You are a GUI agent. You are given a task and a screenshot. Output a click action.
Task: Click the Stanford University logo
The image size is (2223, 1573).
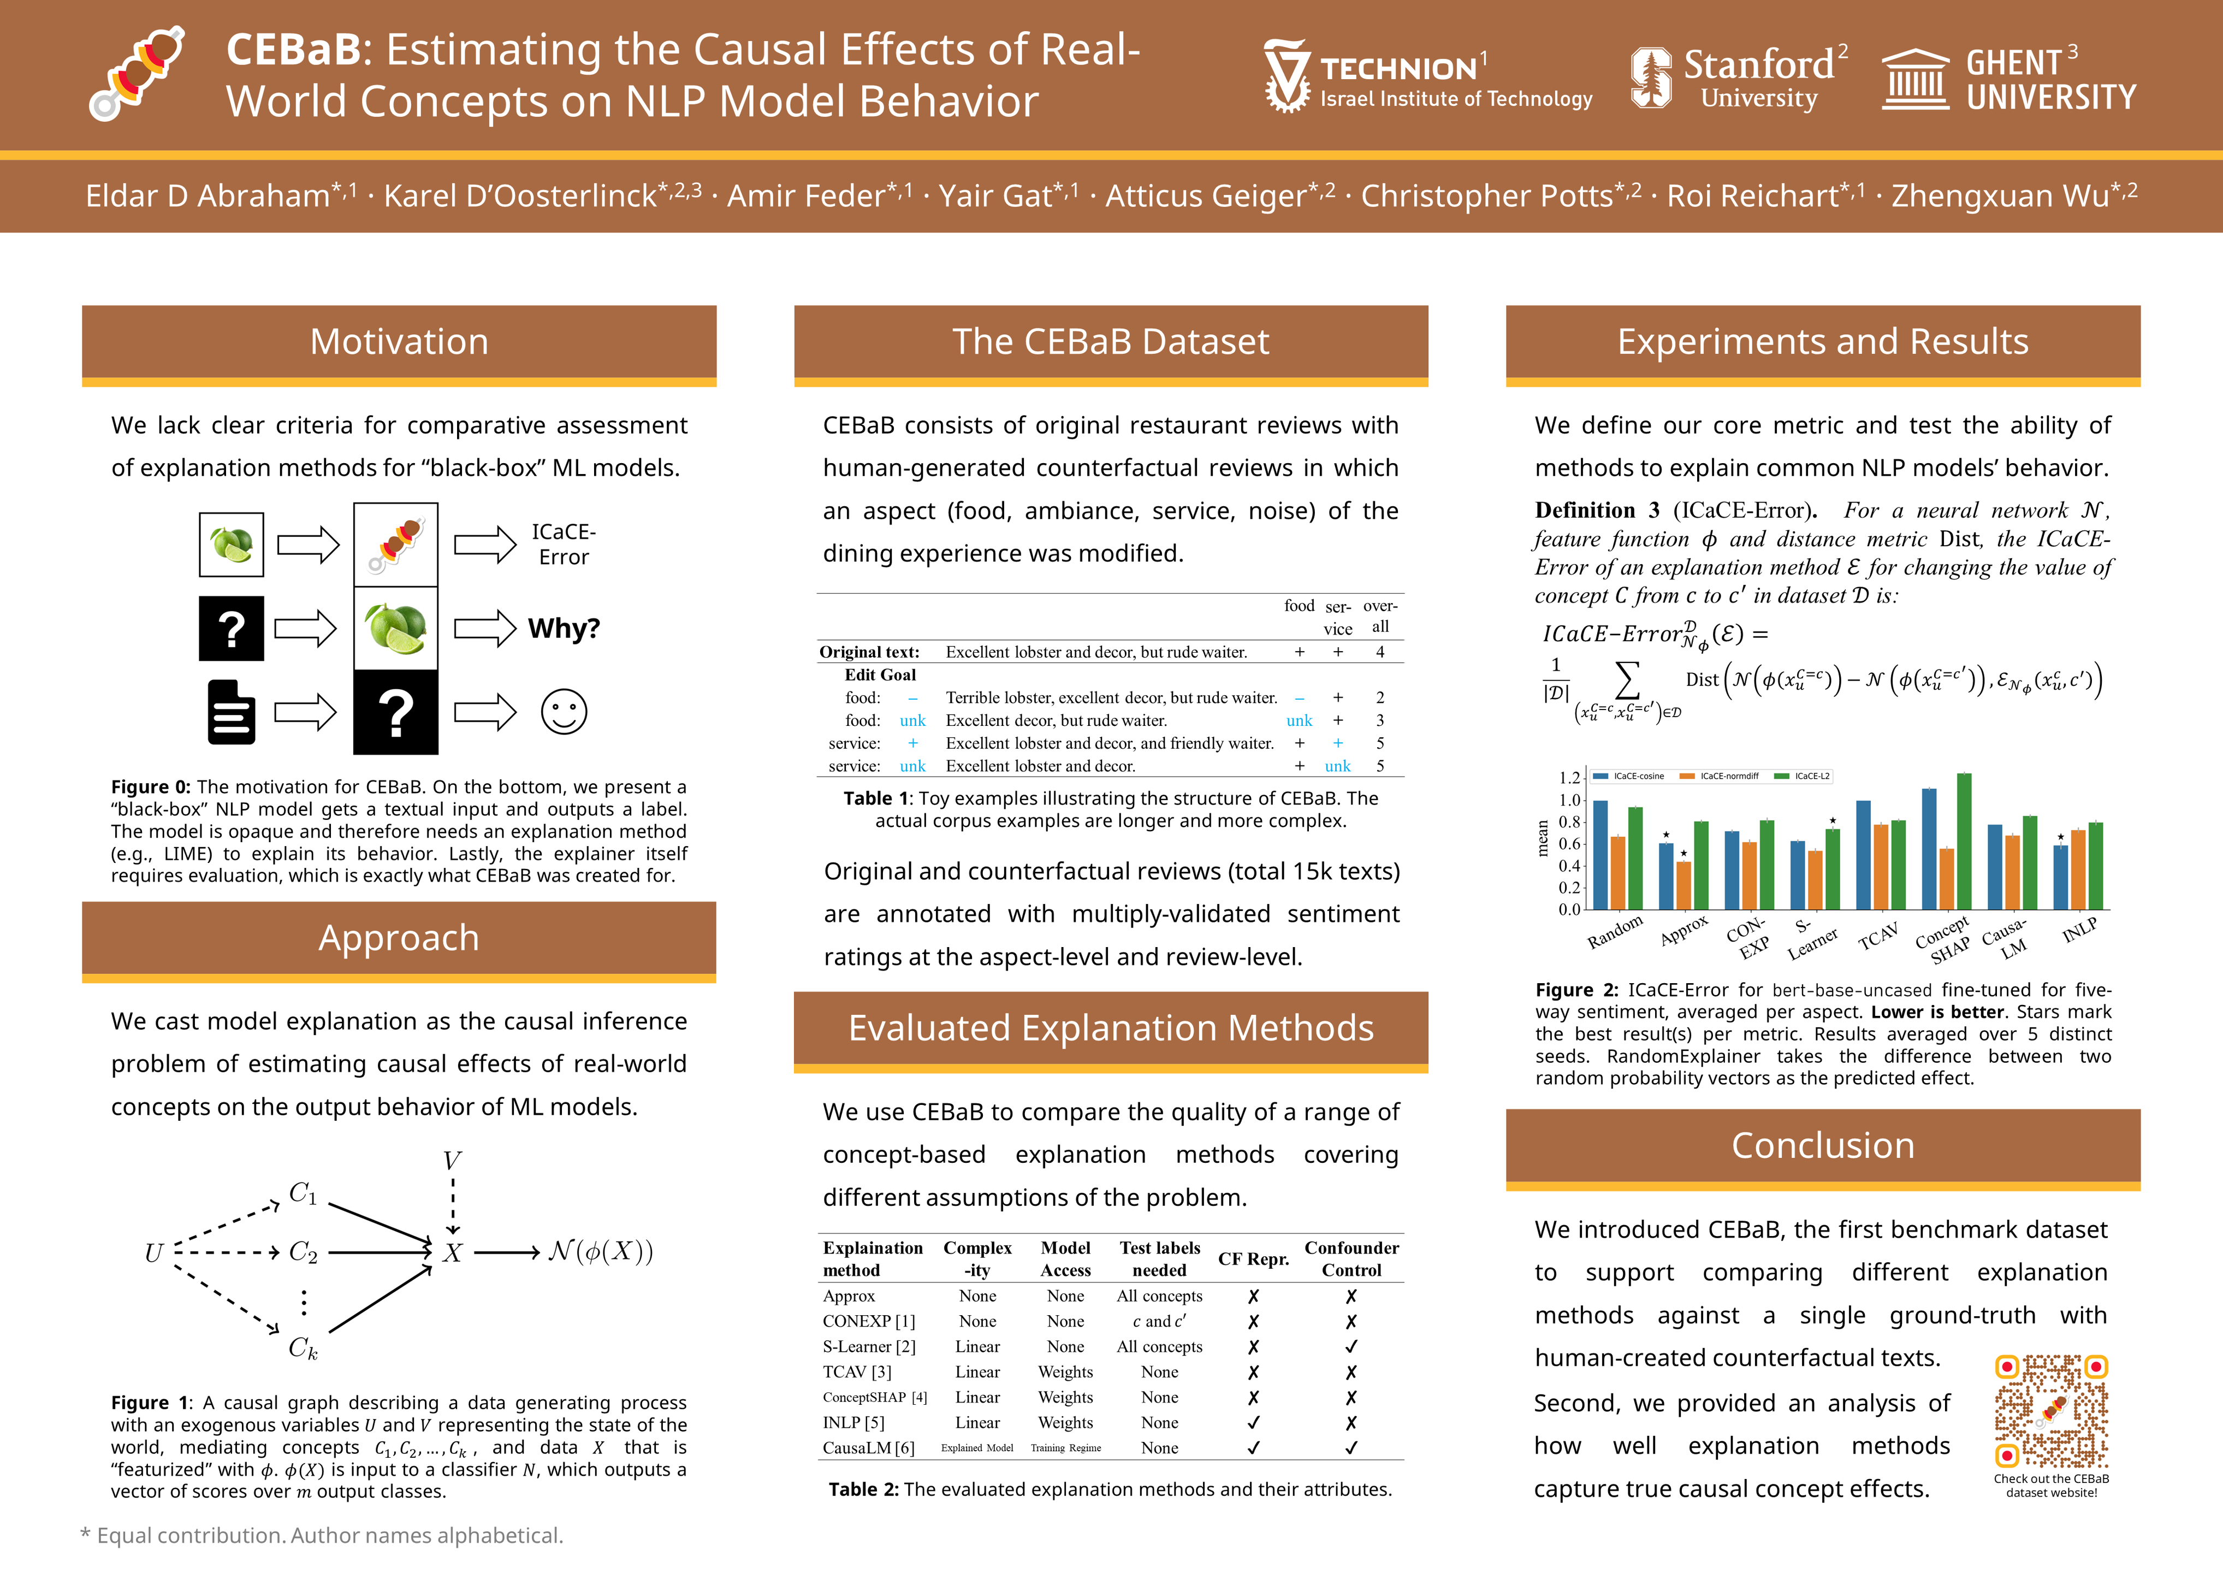1738,78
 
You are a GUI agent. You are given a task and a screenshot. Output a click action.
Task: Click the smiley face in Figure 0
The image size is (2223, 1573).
564,712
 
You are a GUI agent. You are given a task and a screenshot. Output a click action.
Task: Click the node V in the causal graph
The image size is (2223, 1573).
452,1161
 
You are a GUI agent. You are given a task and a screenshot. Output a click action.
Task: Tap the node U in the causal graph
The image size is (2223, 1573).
153,1253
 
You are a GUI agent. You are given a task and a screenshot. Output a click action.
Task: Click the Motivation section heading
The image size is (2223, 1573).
399,342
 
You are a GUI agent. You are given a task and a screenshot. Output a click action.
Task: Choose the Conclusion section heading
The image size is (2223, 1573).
1822,1146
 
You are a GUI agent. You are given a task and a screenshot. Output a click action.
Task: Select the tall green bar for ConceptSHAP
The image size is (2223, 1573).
1964,841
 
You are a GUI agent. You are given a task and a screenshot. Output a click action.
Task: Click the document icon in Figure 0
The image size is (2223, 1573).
232,712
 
